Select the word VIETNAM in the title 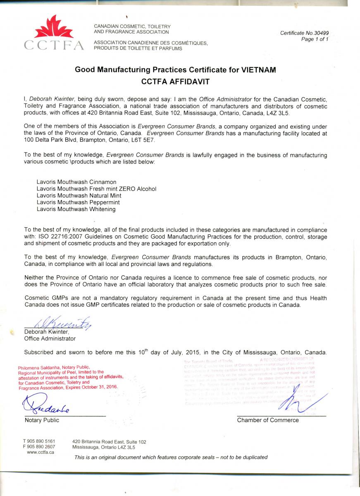tap(255, 70)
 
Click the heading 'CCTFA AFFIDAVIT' tap(175, 82)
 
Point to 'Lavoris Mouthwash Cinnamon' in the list tap(76, 182)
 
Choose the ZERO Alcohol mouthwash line tap(96, 189)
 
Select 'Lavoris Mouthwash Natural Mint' tap(79, 196)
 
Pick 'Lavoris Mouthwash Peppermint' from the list tap(78, 203)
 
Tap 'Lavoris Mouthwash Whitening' tap(76, 209)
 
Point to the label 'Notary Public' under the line tap(42, 420)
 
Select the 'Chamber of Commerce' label tap(267, 420)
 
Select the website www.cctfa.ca tap(41, 452)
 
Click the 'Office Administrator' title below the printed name tap(50, 339)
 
